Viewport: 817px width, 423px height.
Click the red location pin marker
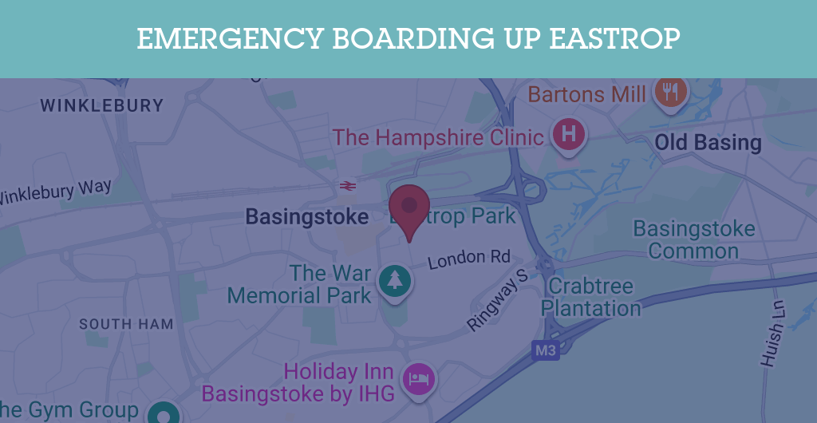409,206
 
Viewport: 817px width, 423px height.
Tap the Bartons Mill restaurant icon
670,91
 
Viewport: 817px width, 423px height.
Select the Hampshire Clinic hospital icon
568,134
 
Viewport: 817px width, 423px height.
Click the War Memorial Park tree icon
394,280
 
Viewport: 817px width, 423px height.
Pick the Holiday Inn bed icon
419,378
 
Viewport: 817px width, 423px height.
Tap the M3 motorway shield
546,350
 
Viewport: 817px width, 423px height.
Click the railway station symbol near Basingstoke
346,186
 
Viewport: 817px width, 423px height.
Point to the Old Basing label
708,144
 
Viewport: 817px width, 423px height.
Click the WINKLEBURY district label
101,105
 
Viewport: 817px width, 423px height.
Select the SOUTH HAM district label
126,324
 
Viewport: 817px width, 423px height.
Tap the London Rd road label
468,259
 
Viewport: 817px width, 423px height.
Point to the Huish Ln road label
772,334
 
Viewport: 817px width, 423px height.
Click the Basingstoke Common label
693,239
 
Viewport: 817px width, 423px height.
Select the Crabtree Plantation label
591,297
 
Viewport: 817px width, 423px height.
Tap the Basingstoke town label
307,216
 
